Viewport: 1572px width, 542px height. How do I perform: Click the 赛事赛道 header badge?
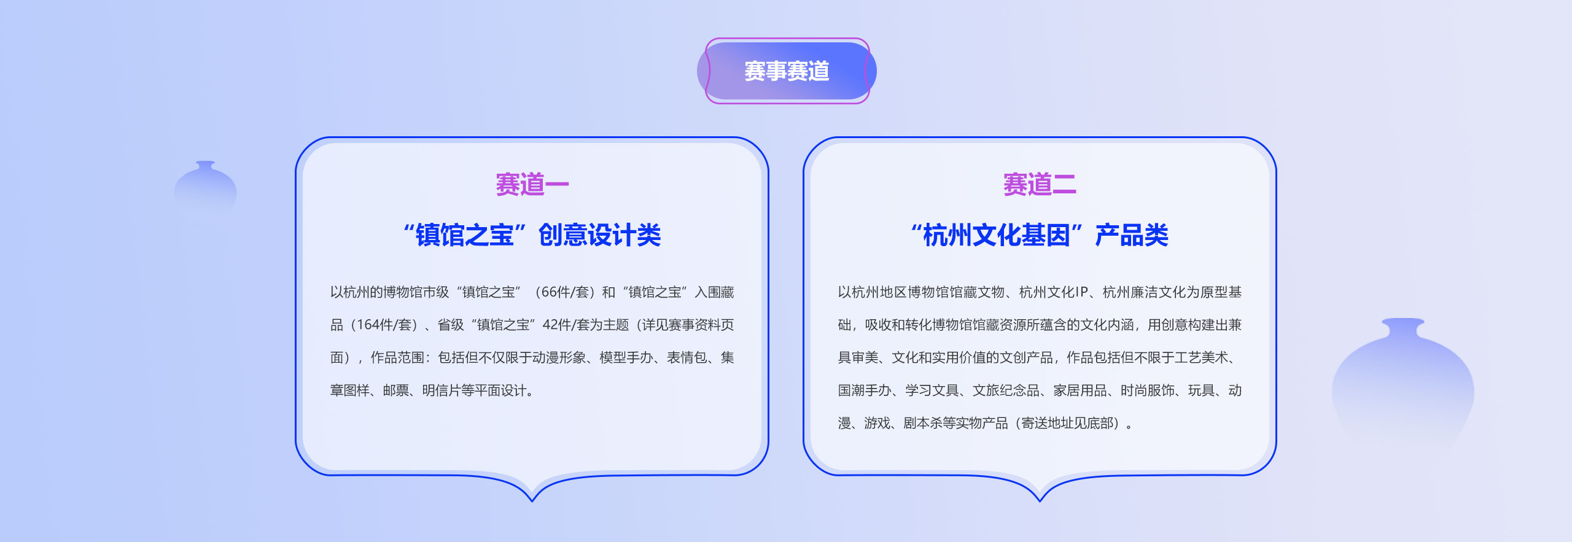(787, 71)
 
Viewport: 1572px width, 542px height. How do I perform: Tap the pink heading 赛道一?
(532, 184)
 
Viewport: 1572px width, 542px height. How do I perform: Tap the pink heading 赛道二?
(1040, 184)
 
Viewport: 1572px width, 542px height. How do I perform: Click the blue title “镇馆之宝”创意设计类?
(532, 235)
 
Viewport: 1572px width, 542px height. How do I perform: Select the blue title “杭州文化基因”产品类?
(1040, 235)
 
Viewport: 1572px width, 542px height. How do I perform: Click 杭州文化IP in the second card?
(1054, 292)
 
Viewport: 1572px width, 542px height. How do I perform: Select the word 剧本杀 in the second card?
(923, 423)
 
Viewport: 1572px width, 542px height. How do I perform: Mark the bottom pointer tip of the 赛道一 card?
(532, 501)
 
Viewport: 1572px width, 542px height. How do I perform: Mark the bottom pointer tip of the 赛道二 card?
(1040, 501)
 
